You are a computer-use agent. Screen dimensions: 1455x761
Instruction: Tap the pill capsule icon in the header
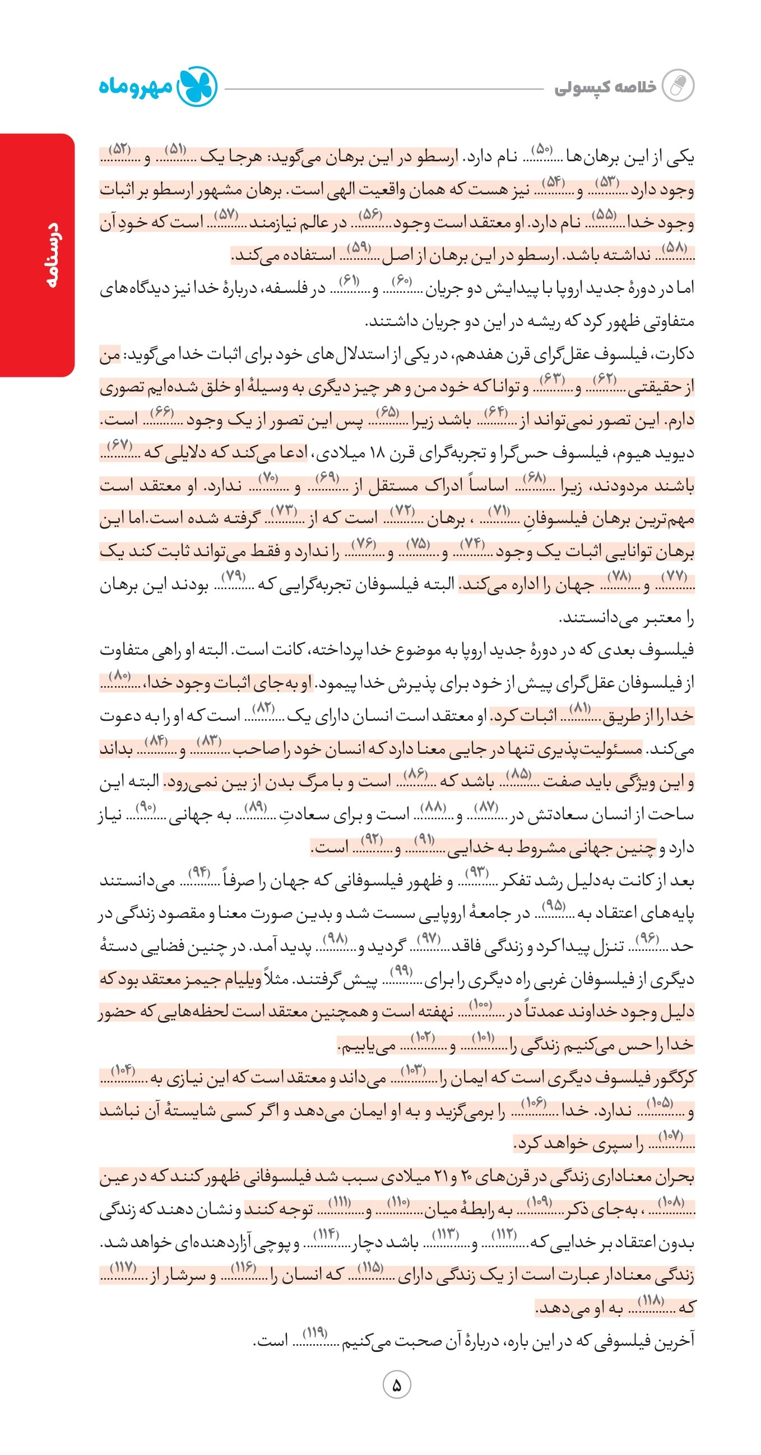pos(678,86)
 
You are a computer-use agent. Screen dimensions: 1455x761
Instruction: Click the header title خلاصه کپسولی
pos(605,87)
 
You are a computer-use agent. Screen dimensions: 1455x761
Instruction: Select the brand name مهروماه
pos(136,87)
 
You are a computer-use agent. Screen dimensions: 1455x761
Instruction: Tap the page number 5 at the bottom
pos(397,1385)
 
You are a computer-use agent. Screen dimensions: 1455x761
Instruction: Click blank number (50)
pos(541,150)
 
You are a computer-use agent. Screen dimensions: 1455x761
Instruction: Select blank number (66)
pos(161,413)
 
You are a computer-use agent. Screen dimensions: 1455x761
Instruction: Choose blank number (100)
pos(481,1004)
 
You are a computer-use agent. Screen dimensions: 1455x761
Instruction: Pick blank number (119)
pos(315,1333)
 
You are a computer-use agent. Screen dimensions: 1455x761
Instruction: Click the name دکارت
pos(676,355)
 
